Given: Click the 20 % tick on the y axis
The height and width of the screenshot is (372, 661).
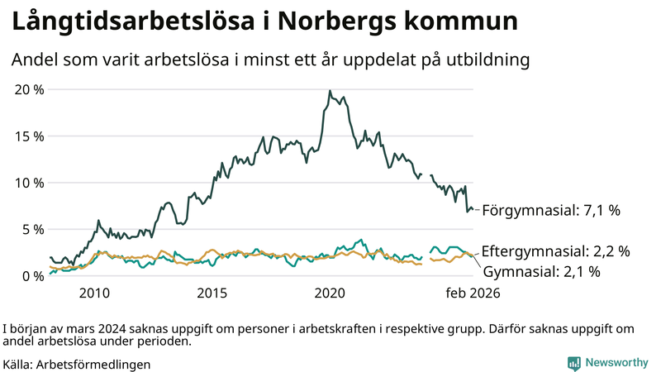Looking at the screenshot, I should click(28, 89).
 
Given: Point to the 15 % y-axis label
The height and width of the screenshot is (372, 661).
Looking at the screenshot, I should click(28, 136).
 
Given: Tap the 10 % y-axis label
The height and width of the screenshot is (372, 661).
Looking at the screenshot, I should click(28, 183).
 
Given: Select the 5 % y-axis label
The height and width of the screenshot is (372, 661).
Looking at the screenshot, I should click(31, 229).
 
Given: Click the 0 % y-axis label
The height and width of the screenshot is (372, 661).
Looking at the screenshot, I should click(31, 275).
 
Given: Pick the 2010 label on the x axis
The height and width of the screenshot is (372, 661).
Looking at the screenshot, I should click(94, 293).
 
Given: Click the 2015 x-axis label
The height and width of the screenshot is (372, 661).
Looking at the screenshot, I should click(212, 293).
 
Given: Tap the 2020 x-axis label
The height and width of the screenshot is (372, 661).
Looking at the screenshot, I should click(330, 293).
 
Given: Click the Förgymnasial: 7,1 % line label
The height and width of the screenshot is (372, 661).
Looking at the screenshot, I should click(550, 211).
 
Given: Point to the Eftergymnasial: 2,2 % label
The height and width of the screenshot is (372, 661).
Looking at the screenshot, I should click(555, 251).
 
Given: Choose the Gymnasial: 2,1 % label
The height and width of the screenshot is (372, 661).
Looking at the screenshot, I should click(540, 270).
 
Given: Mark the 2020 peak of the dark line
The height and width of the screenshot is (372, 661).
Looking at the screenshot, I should click(330, 91).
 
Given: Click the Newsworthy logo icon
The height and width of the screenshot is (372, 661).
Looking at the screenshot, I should click(573, 363).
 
